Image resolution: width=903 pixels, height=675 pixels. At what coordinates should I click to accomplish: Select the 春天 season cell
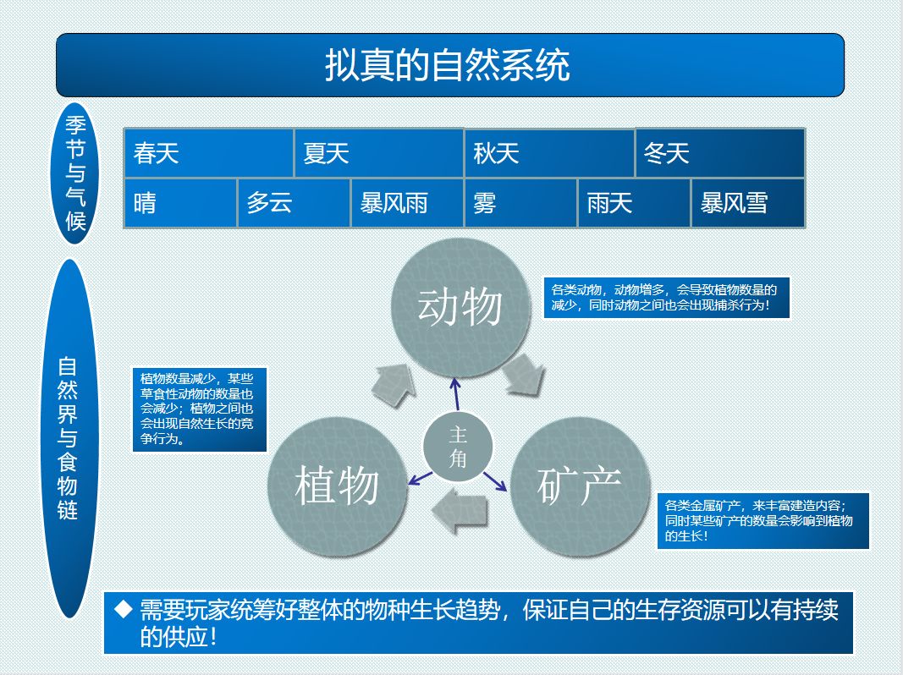click(x=208, y=153)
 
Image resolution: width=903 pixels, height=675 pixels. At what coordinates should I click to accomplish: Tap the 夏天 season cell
click(x=379, y=153)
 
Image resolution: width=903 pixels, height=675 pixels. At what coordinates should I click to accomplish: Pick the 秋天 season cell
click(x=549, y=153)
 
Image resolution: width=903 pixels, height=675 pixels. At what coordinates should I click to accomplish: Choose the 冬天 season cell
click(x=720, y=153)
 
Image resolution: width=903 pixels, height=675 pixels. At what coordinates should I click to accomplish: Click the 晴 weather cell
click(x=180, y=203)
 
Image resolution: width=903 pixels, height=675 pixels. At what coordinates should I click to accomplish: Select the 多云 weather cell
click(x=294, y=203)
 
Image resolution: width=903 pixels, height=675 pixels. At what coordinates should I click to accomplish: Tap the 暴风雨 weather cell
click(x=407, y=203)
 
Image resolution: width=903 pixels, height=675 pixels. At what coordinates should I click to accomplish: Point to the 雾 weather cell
click(x=520, y=203)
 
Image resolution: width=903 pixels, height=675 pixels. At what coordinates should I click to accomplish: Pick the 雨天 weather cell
click(x=634, y=203)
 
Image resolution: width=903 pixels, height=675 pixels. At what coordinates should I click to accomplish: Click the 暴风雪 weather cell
click(x=748, y=203)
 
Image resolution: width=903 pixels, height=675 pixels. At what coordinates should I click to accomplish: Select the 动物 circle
click(x=460, y=307)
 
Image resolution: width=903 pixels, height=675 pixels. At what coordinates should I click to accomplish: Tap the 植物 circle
click(x=338, y=487)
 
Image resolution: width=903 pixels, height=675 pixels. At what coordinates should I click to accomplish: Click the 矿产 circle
click(x=580, y=487)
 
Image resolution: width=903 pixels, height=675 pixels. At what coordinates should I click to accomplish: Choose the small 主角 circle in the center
click(x=458, y=447)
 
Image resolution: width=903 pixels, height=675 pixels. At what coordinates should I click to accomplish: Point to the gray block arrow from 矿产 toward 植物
click(x=460, y=510)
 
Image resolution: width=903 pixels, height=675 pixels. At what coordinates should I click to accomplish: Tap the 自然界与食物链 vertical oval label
click(x=69, y=438)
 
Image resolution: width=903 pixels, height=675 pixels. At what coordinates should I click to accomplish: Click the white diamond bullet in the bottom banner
click(x=124, y=609)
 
